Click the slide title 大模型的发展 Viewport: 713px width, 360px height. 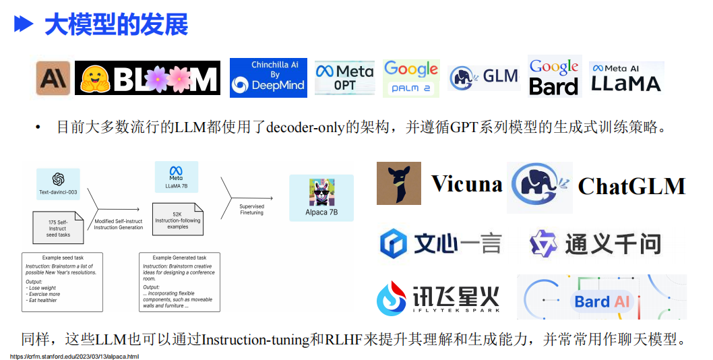(x=117, y=24)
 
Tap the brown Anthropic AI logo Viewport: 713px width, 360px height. (x=53, y=78)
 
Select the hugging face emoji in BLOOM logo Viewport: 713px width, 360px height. (x=94, y=78)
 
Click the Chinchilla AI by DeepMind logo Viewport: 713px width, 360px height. (x=268, y=78)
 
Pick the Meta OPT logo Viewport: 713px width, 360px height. (x=344, y=78)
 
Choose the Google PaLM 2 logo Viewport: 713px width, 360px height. (x=411, y=78)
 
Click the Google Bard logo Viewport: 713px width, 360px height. (x=555, y=76)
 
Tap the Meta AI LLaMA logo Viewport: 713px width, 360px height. (x=626, y=78)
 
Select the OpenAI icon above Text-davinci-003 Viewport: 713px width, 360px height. (x=58, y=179)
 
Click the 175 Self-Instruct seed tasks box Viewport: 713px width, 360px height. (x=58, y=228)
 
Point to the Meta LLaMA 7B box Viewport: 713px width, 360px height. (x=177, y=177)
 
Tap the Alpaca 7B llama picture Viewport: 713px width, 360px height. (x=322, y=193)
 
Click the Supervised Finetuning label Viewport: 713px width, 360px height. (x=251, y=210)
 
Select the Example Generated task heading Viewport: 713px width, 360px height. (x=180, y=258)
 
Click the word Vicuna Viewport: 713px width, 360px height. (x=467, y=184)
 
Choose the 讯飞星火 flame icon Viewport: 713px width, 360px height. (x=392, y=298)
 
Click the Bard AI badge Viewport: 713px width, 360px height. (x=602, y=301)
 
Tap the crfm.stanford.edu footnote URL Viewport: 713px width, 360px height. (x=75, y=357)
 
